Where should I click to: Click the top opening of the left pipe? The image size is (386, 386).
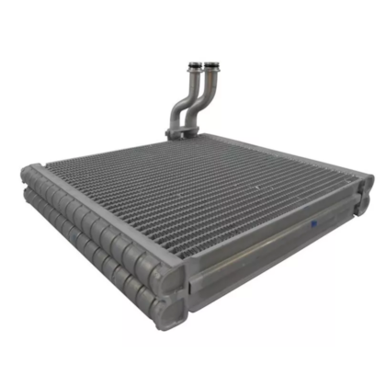tap(195, 64)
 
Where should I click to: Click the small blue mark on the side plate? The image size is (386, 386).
tap(314, 222)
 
